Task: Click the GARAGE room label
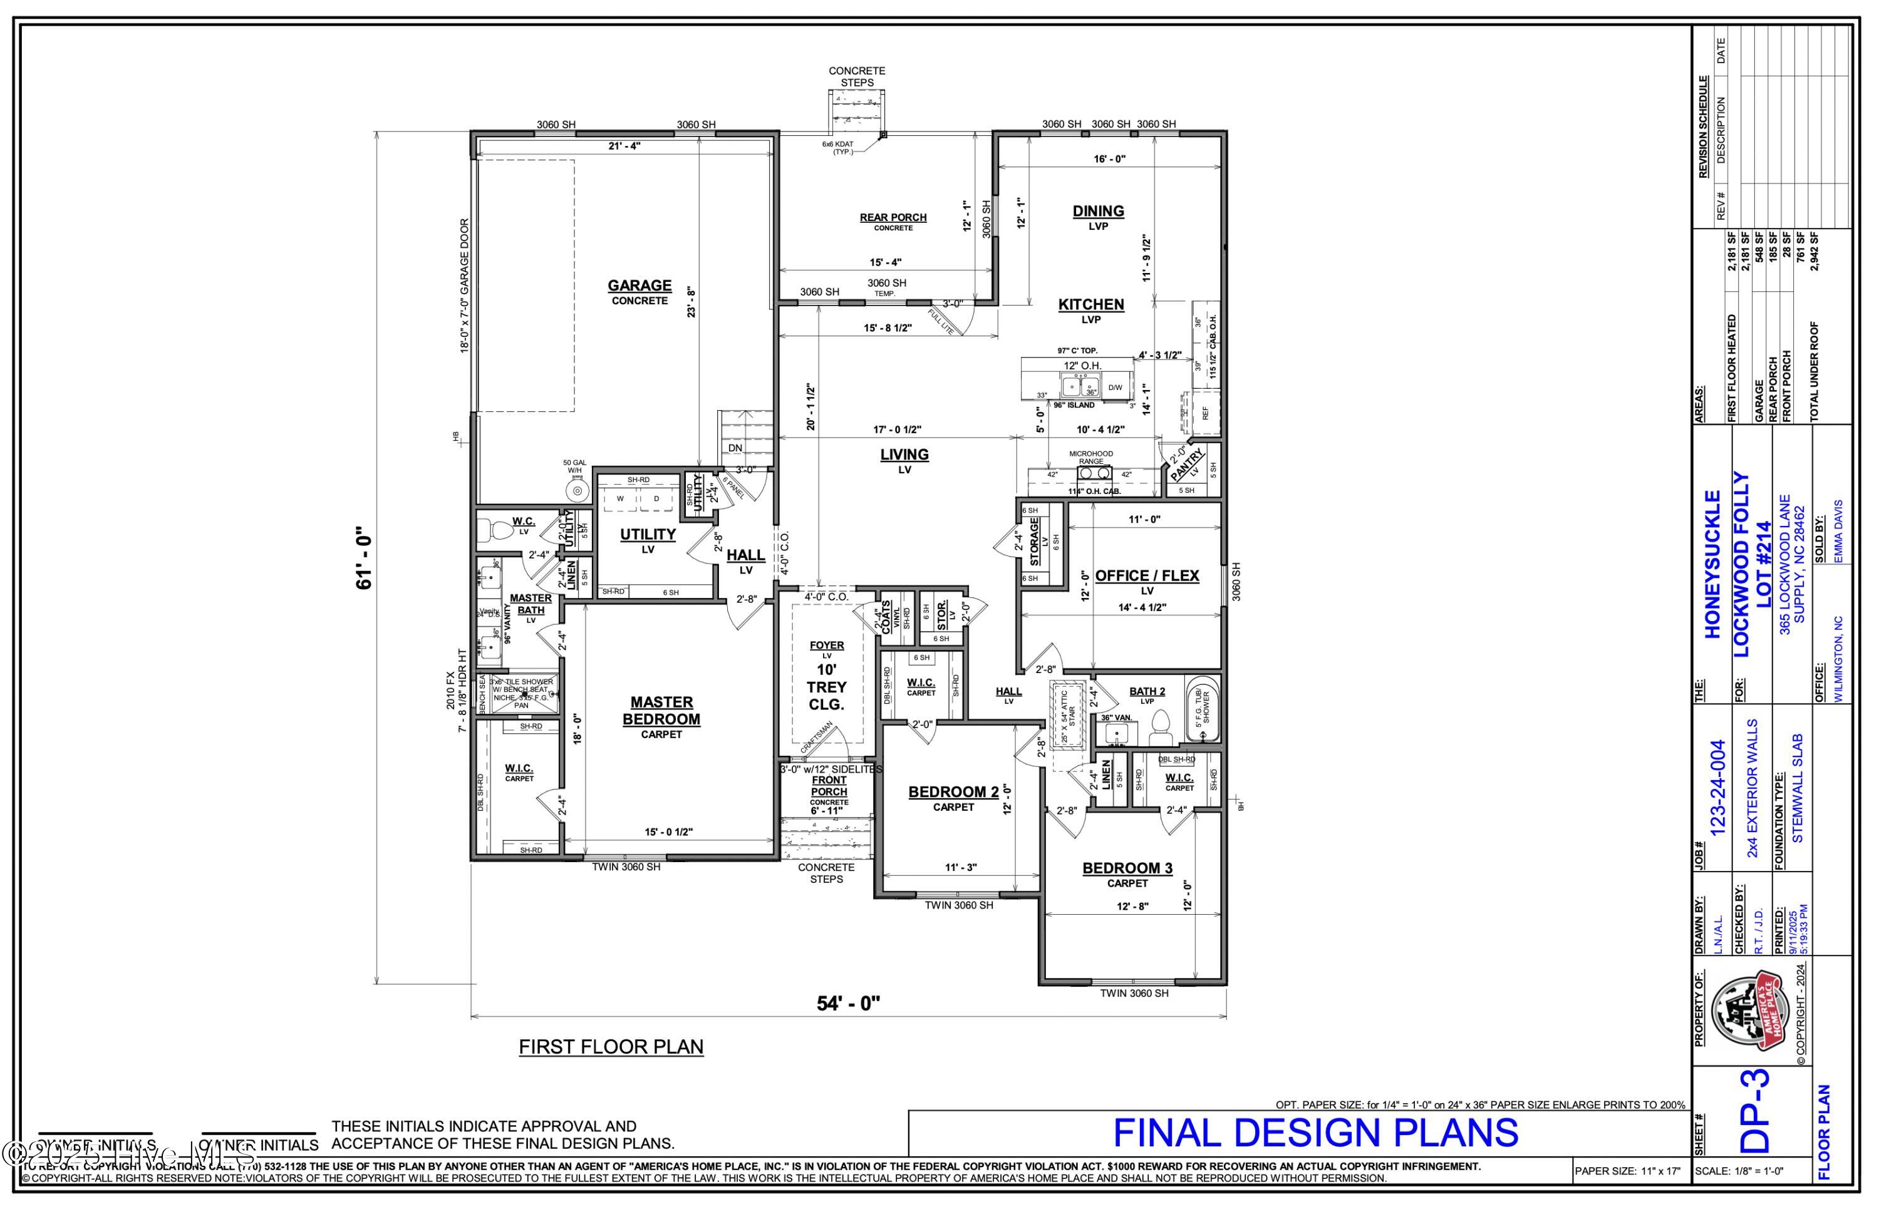point(639,286)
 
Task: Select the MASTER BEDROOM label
point(661,711)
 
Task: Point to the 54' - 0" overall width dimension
point(848,1003)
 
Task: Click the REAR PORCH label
point(893,217)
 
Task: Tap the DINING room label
point(1098,211)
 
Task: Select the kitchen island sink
point(1080,386)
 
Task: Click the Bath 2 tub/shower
point(1202,709)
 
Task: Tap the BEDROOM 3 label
point(1127,868)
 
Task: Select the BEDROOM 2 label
point(953,792)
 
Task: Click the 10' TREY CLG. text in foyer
point(826,687)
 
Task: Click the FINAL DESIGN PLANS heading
point(1315,1133)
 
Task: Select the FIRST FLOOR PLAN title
point(611,1046)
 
